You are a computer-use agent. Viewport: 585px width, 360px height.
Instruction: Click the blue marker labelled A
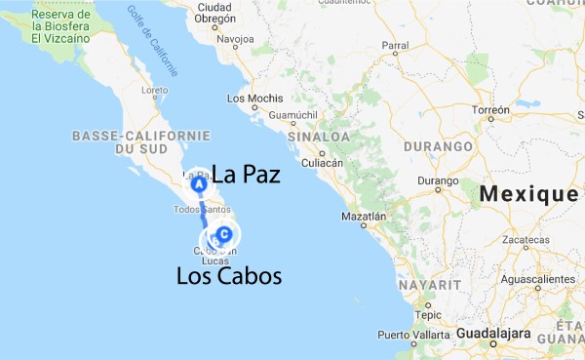click(198, 182)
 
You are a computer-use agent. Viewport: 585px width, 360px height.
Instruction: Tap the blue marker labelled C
click(225, 234)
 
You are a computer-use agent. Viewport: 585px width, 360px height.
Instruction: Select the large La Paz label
click(246, 177)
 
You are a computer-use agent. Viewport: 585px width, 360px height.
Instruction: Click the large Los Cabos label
click(229, 277)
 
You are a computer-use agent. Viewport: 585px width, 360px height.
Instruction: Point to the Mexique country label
click(527, 194)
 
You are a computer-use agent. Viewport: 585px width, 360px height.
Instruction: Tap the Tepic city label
click(427, 315)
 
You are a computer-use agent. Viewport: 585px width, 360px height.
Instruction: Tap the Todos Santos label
click(200, 210)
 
